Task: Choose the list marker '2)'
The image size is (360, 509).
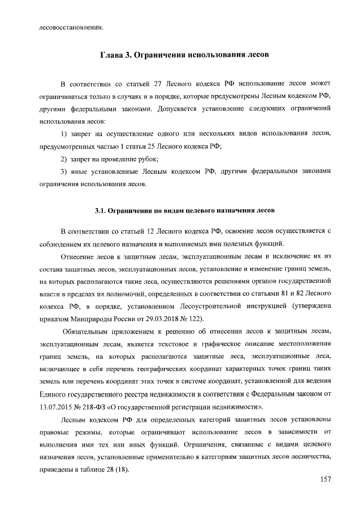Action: point(64,159)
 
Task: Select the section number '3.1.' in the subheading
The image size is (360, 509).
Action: point(100,211)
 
